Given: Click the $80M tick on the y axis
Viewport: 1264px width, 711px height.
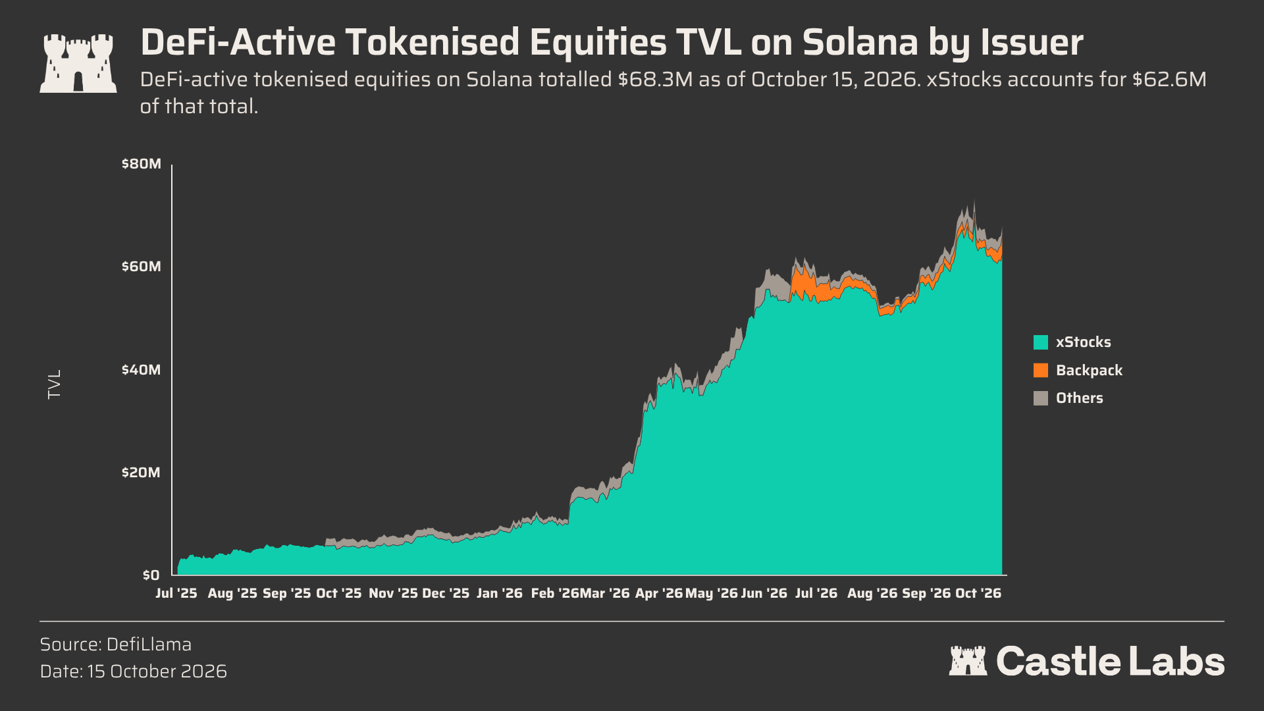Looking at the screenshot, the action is point(141,164).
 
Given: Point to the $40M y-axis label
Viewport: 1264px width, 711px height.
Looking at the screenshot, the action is point(141,370).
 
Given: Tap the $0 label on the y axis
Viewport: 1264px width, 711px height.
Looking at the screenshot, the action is point(151,575).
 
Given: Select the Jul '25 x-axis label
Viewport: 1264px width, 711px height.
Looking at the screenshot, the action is point(176,593).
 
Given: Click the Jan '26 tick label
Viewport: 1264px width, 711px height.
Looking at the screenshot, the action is point(499,593).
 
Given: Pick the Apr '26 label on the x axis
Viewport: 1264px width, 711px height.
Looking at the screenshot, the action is point(659,593).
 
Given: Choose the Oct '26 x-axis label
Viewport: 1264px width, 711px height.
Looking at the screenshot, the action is point(978,593).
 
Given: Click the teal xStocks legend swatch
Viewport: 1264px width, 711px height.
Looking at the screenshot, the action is point(1041,342).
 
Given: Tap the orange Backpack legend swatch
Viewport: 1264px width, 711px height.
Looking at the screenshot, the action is point(1041,370).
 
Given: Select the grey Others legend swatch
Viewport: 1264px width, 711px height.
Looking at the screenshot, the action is point(1041,398).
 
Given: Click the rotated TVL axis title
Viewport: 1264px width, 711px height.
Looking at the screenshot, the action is point(55,384).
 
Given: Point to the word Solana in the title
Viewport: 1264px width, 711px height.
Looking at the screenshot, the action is point(860,42).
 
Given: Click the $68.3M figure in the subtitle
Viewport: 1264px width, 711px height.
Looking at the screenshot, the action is point(655,80).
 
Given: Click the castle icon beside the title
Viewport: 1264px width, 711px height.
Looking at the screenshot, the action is point(78,63).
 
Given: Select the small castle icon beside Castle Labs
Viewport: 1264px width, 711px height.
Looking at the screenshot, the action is point(968,661).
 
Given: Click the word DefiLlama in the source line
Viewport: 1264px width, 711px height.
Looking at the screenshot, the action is point(149,645).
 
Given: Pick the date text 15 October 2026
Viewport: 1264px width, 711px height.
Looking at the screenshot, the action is point(157,671).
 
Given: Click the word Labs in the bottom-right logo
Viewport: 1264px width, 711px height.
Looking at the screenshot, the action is point(1177,662).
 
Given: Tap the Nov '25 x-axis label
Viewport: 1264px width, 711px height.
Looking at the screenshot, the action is point(393,593).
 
